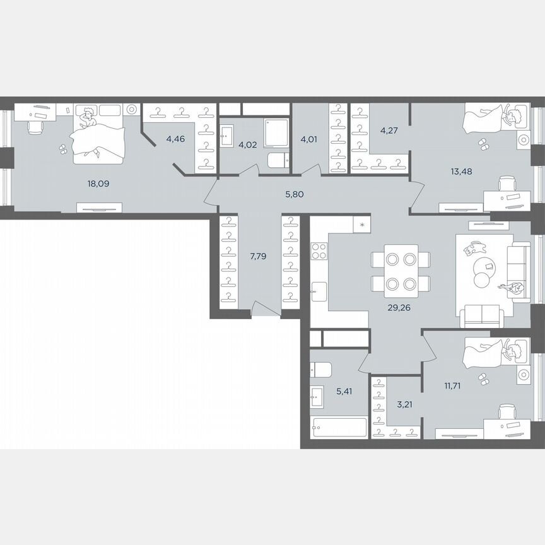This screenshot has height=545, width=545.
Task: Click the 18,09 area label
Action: tap(97, 184)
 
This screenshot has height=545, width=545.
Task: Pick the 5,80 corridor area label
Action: tap(295, 194)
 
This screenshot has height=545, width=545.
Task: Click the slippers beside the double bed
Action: tap(63, 149)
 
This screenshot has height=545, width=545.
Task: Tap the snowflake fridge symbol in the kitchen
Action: tap(362, 225)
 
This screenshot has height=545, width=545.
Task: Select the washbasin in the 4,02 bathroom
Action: tap(228, 133)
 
